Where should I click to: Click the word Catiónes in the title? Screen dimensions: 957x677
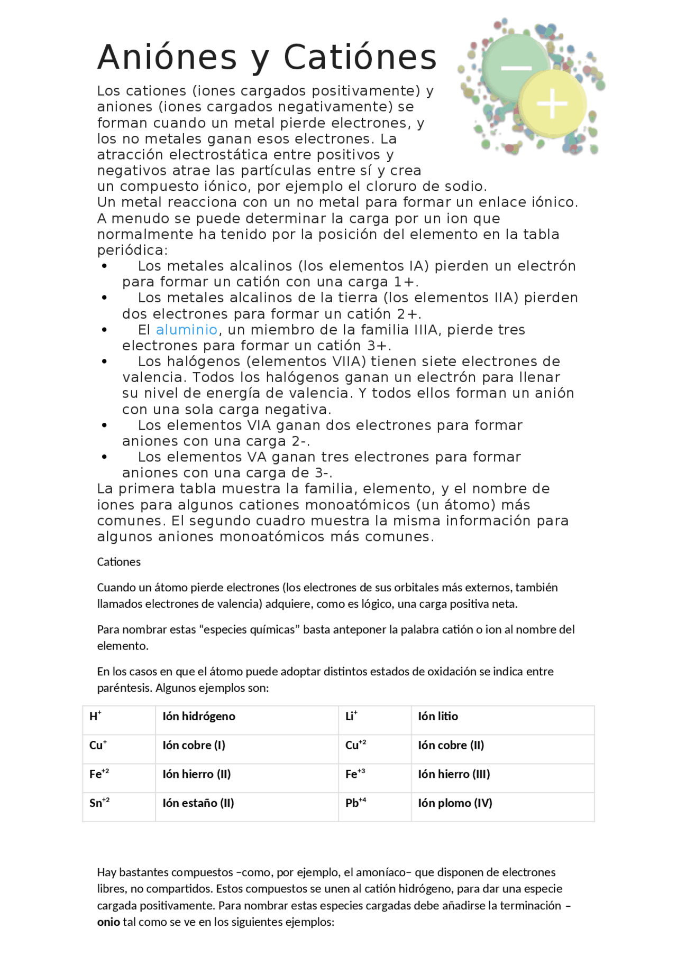[x=360, y=57]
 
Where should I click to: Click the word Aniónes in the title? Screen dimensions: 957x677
[x=167, y=57]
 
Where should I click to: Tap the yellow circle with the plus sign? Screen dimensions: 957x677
[x=552, y=104]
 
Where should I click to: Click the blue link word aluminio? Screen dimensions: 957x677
[x=186, y=330]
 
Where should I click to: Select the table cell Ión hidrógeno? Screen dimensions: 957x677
[x=198, y=717]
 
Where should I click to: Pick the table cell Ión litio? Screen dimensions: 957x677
[x=437, y=717]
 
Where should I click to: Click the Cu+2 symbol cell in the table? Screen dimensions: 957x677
[x=355, y=745]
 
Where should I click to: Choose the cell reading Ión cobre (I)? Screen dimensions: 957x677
[x=194, y=745]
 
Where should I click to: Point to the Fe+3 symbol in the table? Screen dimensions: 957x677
[x=355, y=774]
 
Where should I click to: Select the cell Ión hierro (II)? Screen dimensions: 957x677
[x=196, y=774]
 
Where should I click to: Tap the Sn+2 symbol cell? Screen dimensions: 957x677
[x=99, y=803]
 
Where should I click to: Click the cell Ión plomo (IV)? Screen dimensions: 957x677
[x=455, y=803]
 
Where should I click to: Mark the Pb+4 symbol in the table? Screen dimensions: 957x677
[x=355, y=803]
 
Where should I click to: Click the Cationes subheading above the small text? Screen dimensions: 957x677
[x=118, y=562]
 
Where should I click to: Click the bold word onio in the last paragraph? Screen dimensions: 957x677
[x=108, y=922]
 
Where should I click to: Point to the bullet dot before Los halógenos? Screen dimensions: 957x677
[x=104, y=362]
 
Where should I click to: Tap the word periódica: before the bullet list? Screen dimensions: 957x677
[x=132, y=250]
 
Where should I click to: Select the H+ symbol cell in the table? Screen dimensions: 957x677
[x=95, y=717]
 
